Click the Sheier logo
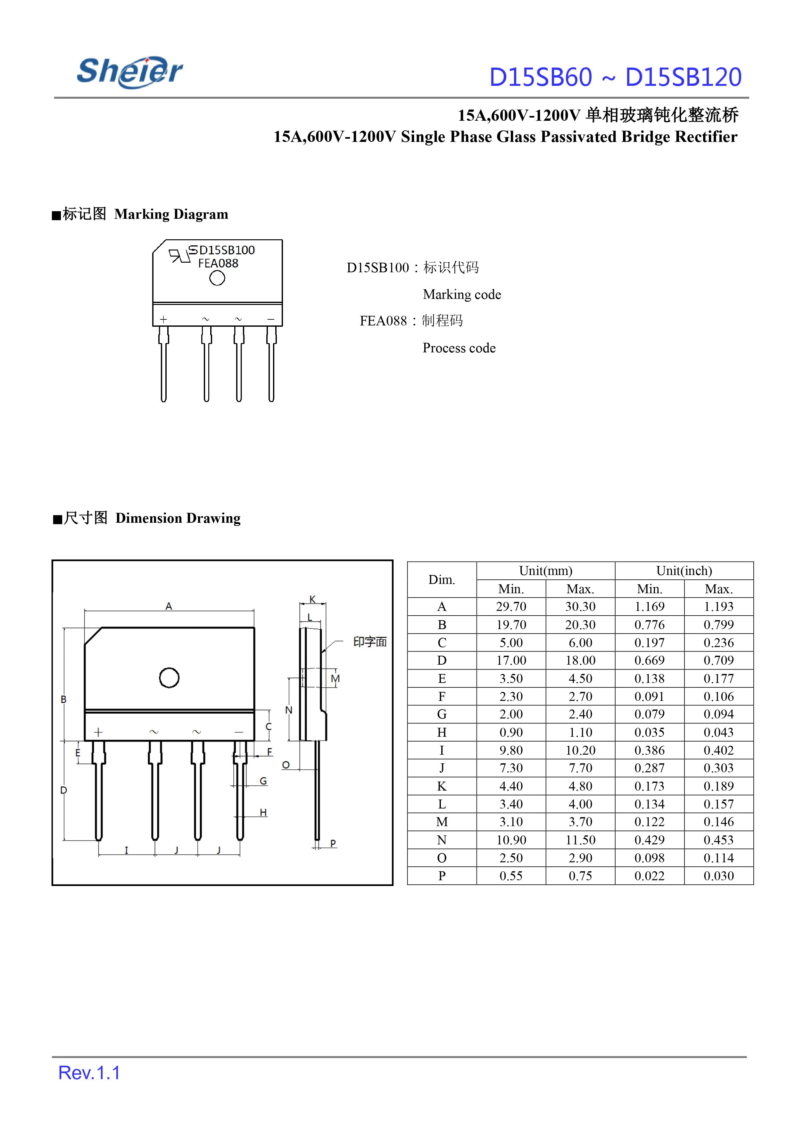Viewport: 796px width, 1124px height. (x=130, y=72)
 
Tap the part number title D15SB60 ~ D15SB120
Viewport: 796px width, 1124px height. (x=615, y=78)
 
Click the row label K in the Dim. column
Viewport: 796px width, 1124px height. (x=442, y=786)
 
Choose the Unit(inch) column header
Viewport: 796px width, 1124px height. (x=684, y=571)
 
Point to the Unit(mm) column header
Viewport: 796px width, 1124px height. (x=545, y=571)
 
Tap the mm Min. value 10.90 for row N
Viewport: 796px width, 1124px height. (x=511, y=840)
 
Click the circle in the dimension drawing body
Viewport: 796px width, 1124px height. (x=169, y=678)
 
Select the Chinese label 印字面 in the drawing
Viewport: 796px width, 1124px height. (x=370, y=642)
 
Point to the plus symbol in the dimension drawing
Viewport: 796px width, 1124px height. (x=98, y=733)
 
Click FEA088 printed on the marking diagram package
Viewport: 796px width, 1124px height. (x=218, y=264)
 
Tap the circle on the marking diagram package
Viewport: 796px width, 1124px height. (x=217, y=278)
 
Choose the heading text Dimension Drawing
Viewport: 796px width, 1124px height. (x=178, y=518)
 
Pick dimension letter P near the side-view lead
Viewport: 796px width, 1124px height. (x=333, y=843)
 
